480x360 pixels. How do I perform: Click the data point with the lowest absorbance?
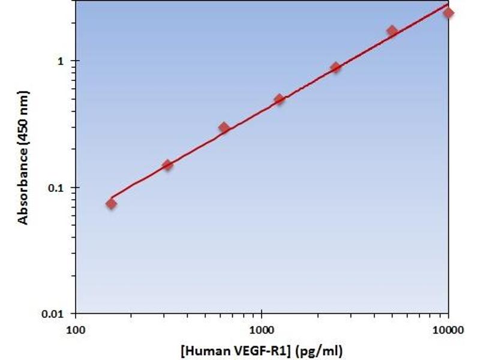tap(111, 203)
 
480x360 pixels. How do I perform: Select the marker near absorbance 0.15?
tap(167, 165)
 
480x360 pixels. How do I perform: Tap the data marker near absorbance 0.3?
tap(224, 127)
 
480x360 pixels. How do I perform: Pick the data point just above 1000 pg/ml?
tap(279, 99)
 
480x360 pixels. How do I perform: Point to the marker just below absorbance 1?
tap(335, 67)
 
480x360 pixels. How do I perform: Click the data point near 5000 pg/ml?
tap(392, 31)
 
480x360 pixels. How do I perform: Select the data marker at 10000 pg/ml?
tap(448, 13)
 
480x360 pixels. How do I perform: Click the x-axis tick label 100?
tap(76, 328)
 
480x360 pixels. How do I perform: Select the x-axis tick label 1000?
tap(262, 328)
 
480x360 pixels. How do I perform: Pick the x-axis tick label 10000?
tap(448, 328)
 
